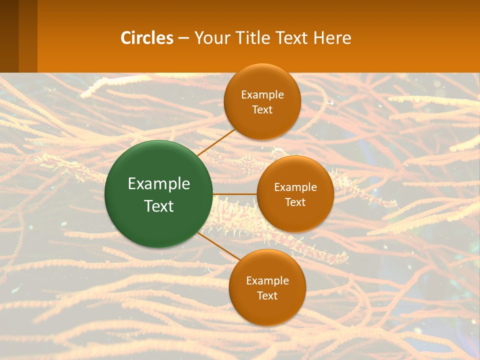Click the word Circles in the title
147,38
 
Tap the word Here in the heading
332,38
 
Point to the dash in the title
183,38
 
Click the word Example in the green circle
159,184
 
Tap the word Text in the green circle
159,206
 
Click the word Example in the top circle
262,95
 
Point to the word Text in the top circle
262,110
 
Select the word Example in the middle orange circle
295,187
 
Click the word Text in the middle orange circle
295,202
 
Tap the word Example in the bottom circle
267,281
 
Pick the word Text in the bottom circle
267,296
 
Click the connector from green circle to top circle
216,142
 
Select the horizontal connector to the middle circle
234,194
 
